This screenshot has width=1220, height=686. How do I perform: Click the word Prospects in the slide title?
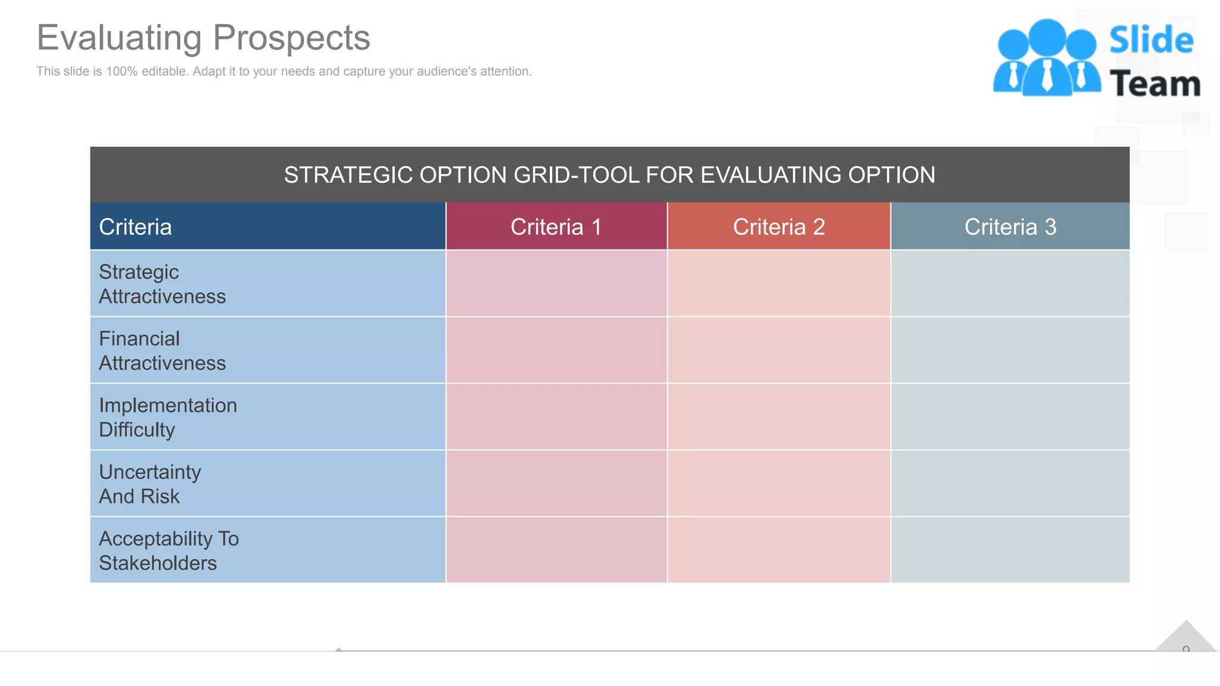point(291,38)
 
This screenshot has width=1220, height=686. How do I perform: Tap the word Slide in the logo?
point(1151,40)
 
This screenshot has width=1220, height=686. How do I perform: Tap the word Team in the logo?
point(1155,84)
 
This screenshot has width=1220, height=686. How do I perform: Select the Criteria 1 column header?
point(556,227)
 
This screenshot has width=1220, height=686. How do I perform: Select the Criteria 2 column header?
point(779,227)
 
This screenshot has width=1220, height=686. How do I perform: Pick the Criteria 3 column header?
point(1010,227)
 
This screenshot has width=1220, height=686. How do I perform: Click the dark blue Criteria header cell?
point(267,227)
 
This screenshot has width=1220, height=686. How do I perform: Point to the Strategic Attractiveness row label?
point(162,284)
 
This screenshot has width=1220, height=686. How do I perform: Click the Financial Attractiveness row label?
point(162,351)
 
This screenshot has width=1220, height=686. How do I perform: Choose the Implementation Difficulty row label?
point(167,417)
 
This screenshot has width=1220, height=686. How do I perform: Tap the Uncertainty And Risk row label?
point(150,484)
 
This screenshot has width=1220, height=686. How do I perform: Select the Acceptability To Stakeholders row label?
point(169,551)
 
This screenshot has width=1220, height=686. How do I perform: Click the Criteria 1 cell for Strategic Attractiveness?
point(556,283)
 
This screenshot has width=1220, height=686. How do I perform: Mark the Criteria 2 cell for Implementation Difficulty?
point(779,417)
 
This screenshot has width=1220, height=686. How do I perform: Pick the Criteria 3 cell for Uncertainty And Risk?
point(1010,484)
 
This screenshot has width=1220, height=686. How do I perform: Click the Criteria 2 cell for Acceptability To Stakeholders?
point(779,550)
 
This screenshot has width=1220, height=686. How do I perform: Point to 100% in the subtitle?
point(122,71)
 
